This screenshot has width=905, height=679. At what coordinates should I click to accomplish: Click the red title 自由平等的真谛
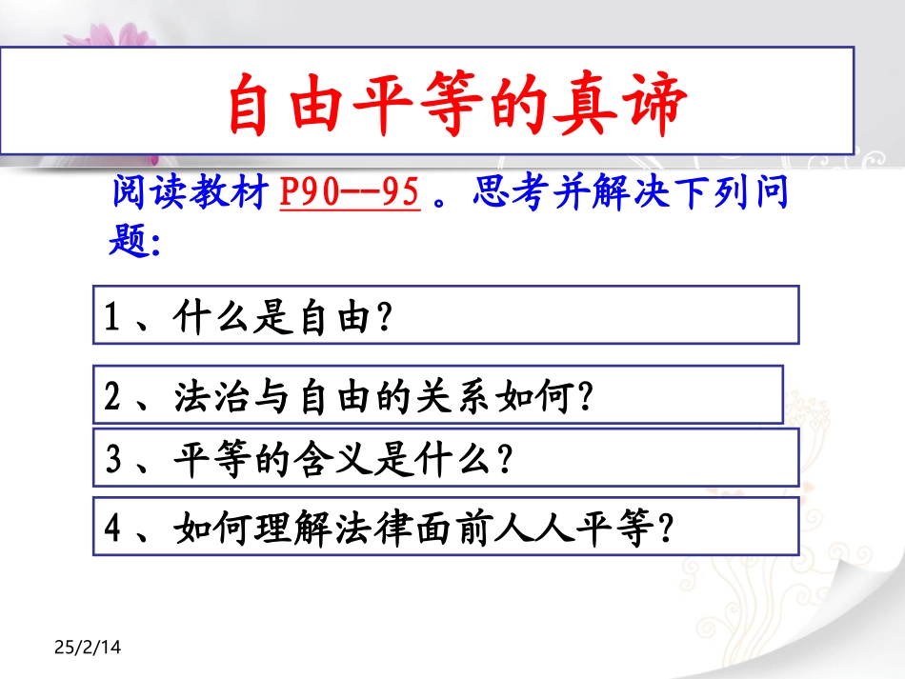454,104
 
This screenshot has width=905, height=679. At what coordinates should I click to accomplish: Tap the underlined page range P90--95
350,194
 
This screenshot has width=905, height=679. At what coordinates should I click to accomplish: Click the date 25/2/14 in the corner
89,649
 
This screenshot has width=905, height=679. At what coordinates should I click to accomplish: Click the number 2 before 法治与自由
112,395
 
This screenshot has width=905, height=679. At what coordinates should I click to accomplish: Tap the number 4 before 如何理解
112,527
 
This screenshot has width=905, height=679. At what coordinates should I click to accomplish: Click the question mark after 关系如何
585,395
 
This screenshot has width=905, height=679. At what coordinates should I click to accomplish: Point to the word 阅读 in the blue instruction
143,194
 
